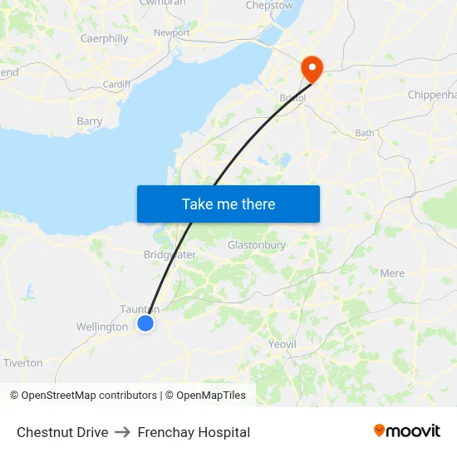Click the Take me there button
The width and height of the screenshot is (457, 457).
pos(228,204)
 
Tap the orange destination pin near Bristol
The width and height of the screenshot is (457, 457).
pos(312,67)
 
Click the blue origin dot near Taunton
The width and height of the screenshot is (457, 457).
pos(145,323)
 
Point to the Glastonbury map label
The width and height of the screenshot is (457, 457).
pos(257,245)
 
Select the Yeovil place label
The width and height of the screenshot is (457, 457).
pos(282,343)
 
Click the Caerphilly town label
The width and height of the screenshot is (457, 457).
pos(104,38)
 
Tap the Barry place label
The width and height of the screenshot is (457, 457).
pos(90,121)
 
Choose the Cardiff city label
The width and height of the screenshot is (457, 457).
pos(116,85)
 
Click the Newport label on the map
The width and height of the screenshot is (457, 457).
pos(172,33)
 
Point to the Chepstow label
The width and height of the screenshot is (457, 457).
pos(269,6)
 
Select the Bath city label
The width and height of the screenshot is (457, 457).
pos(365,133)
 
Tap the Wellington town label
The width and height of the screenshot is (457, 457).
pos(102,327)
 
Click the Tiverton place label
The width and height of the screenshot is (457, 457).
pos(22,363)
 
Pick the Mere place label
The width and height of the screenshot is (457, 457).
pos(392,273)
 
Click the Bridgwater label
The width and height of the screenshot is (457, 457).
pos(170,255)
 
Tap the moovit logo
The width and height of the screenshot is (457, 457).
pos(407,431)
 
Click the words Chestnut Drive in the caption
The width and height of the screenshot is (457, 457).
pos(62,432)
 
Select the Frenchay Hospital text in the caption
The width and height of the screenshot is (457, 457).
pos(194,432)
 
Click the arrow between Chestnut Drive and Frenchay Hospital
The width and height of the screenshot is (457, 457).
pos(123,432)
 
